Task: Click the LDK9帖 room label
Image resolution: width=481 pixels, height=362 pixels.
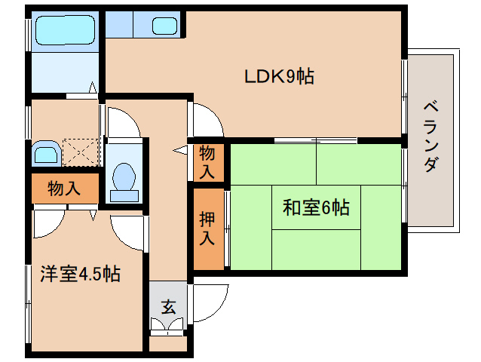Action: pyautogui.click(x=278, y=76)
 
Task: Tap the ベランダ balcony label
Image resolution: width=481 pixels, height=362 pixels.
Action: pyautogui.click(x=430, y=135)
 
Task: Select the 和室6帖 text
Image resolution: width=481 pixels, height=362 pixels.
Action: pyautogui.click(x=315, y=207)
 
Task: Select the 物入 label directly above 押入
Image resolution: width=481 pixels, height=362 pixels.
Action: pyautogui.click(x=207, y=161)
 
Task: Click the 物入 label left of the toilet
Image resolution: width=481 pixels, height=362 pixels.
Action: pyautogui.click(x=64, y=188)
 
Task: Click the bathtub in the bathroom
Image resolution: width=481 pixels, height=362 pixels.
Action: pyautogui.click(x=63, y=31)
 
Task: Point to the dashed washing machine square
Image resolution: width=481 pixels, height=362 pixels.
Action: pyautogui.click(x=81, y=152)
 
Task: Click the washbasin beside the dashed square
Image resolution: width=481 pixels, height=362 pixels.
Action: pyautogui.click(x=46, y=155)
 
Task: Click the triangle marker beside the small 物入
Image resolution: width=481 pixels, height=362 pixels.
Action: pyautogui.click(x=181, y=152)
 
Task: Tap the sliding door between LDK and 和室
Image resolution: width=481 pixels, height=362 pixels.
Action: pyautogui.click(x=315, y=141)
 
